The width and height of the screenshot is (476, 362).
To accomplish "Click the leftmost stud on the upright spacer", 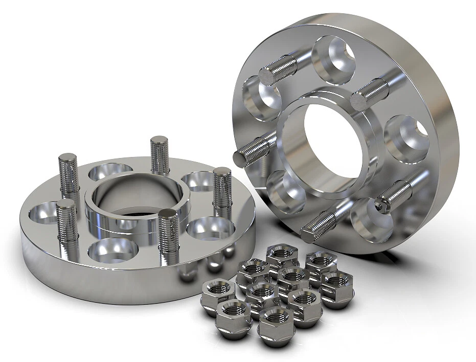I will (x=253, y=148).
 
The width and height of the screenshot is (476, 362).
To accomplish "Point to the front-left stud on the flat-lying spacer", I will (x=67, y=220).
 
